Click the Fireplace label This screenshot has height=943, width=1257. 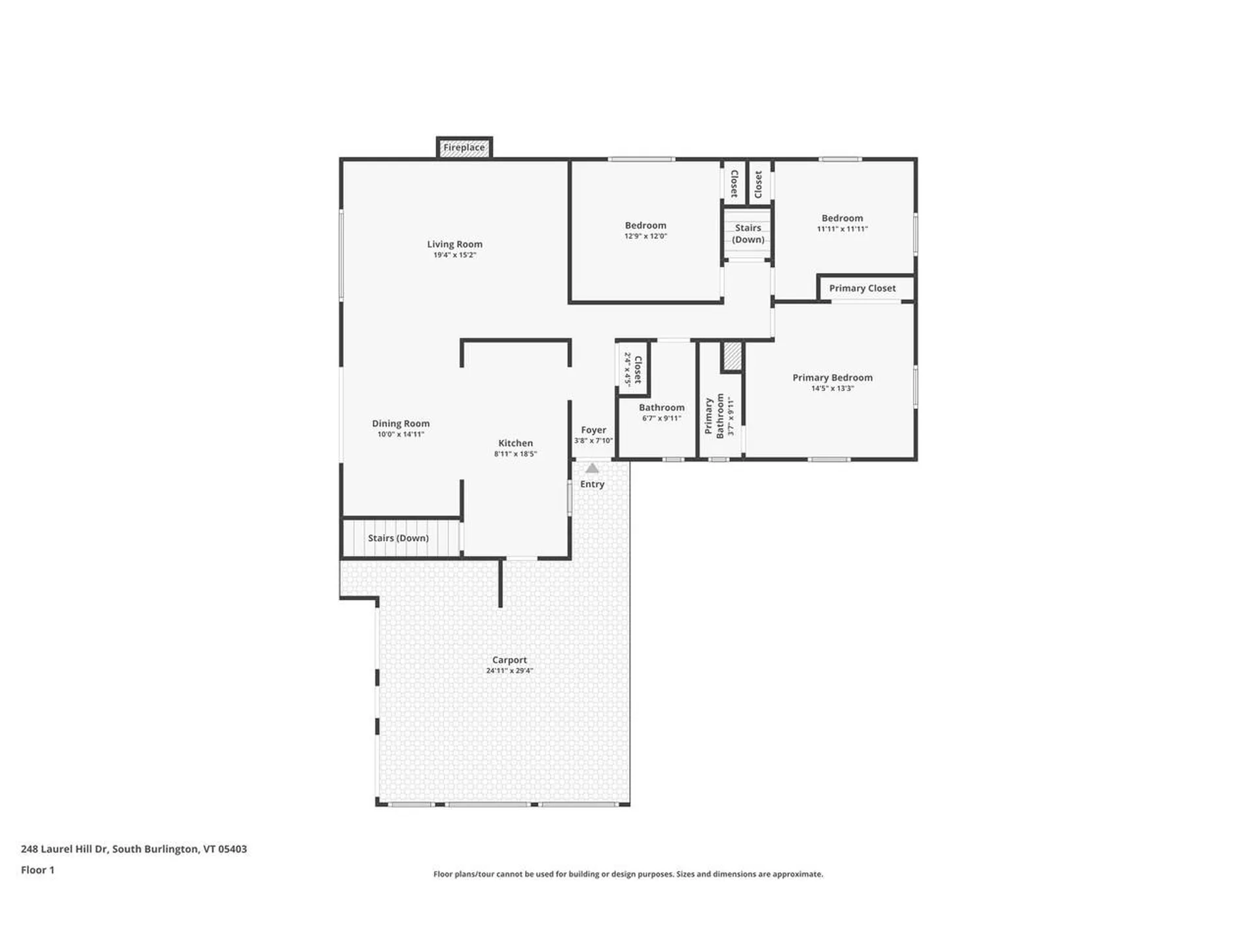coord(464,147)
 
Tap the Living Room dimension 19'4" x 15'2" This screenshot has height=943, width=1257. coord(454,255)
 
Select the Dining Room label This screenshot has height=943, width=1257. coord(401,424)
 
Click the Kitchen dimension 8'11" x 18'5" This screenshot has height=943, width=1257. coord(515,454)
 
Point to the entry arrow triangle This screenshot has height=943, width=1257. coord(592,468)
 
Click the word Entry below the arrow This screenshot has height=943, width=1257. coord(592,484)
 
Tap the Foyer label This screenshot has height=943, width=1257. coord(593,430)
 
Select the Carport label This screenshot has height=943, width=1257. coord(509,660)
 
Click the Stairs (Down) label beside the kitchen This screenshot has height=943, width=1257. coord(398,538)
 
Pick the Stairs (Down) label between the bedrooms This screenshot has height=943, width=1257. coord(748,234)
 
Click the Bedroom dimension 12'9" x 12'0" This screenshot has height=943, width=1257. coord(646,236)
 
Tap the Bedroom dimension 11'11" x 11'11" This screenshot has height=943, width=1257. coord(842,229)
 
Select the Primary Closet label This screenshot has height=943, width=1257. coord(862,288)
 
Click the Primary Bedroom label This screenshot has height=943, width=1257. coord(832,378)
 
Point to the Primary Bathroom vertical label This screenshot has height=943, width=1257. coord(714,416)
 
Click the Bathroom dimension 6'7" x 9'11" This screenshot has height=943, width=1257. coord(661,418)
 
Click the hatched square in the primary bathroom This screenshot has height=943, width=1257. coord(732,356)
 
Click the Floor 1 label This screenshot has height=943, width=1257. coord(37,870)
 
